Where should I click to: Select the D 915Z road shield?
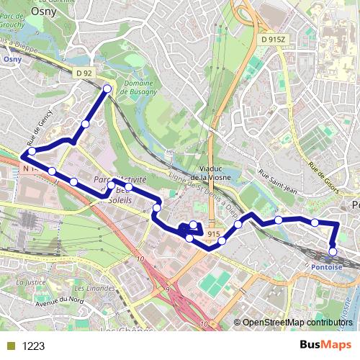pyautogui.click(x=273, y=39)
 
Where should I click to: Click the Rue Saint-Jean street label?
pyautogui.click(x=277, y=177)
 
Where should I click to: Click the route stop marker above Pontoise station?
pyautogui.click(x=333, y=251)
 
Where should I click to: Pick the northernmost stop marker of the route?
pyautogui.click(x=107, y=89)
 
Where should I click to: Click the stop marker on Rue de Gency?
pyautogui.click(x=32, y=151)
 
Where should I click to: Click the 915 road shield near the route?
pyautogui.click(x=214, y=235)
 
